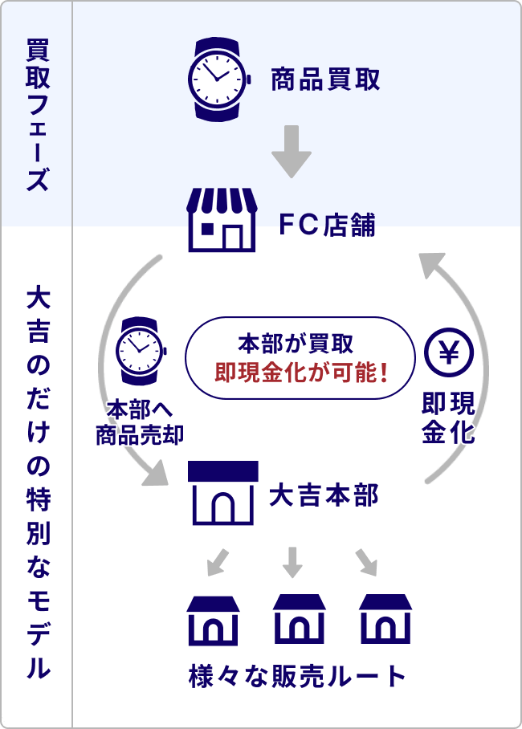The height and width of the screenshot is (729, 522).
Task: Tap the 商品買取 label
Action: click(x=324, y=79)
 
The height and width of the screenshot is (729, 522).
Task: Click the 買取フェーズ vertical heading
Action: click(x=36, y=112)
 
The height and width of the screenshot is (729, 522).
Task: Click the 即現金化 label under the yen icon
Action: click(x=448, y=417)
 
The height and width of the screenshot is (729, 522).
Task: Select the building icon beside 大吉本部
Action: click(x=222, y=493)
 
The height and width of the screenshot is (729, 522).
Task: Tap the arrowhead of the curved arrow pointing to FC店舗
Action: click(x=431, y=261)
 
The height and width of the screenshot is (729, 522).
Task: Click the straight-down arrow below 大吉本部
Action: click(x=292, y=561)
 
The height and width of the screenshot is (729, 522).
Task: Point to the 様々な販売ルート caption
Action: click(x=298, y=675)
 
